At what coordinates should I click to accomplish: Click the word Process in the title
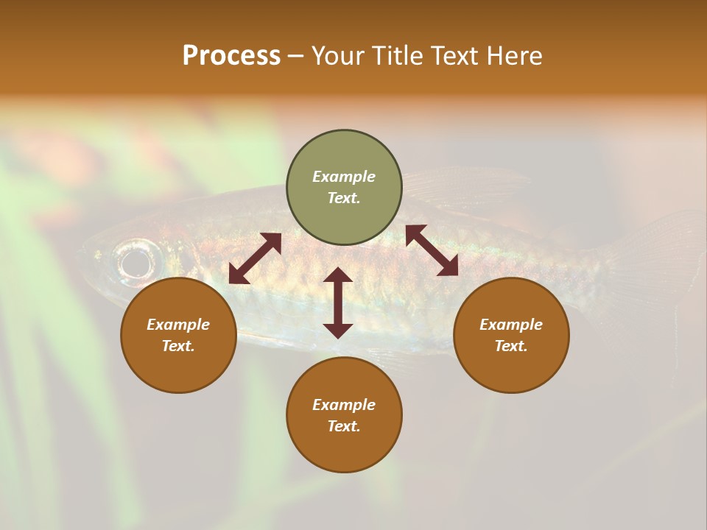pos(231,56)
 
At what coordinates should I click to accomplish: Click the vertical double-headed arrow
pos(338,303)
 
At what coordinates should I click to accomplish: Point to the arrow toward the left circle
pos(255,258)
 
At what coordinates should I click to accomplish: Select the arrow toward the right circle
pos(432,250)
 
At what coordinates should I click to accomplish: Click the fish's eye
pos(137,261)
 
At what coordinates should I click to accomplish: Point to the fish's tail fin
pos(655,265)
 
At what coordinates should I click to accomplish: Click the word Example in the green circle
pos(344,177)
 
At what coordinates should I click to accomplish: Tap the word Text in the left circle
pos(178,346)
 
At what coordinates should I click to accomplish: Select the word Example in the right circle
pos(511,325)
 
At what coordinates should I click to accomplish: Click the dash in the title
pos(295,56)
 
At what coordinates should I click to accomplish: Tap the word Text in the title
pos(457,56)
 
